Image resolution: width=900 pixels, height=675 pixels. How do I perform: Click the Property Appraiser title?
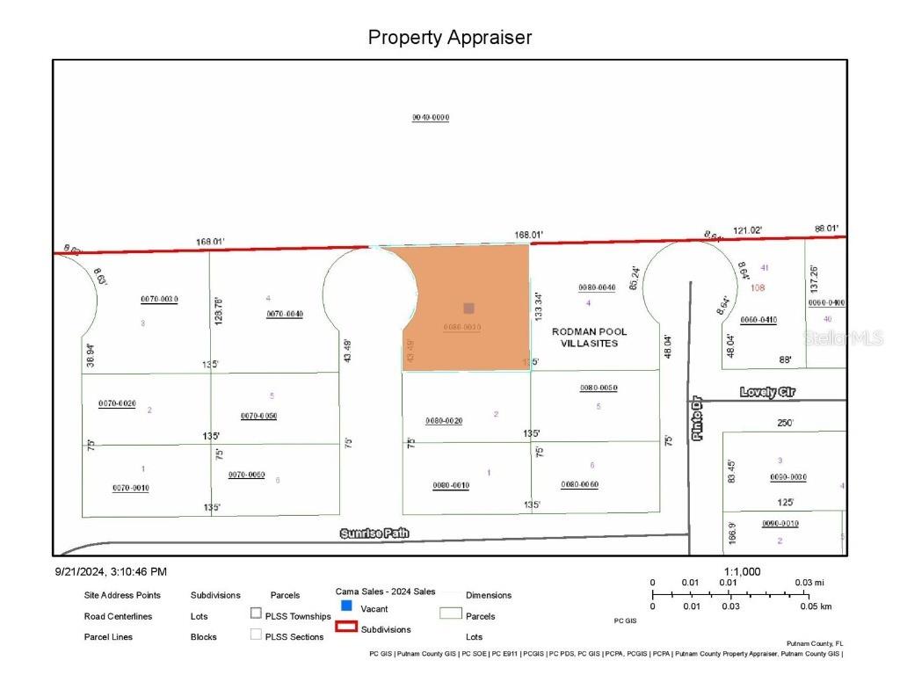coord(449,38)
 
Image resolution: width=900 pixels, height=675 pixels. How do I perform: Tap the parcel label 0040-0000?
coord(431,118)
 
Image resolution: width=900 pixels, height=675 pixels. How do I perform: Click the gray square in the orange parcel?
coord(469,308)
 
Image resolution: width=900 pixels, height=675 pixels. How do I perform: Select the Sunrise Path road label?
coord(374,533)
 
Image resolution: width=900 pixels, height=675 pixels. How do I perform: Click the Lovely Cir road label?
coord(767,393)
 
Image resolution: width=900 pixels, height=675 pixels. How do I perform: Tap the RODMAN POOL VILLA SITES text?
coord(589,337)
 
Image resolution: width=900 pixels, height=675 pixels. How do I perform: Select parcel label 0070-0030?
coord(159,299)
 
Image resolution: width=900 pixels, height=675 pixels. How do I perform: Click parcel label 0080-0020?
coord(444,421)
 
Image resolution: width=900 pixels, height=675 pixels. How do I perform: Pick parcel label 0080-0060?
coord(579,484)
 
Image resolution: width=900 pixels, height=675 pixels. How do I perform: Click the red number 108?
coord(758,287)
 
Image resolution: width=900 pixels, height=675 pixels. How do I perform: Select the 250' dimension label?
coord(785,423)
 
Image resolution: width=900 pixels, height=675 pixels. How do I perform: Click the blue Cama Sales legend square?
coord(346,606)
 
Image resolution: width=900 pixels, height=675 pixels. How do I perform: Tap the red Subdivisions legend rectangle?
coord(347,628)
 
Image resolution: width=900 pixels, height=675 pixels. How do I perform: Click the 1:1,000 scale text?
coord(742,571)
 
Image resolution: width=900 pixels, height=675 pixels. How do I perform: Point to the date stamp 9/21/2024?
coord(111,571)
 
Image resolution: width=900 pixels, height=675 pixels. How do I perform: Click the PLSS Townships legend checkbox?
coord(256,613)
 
